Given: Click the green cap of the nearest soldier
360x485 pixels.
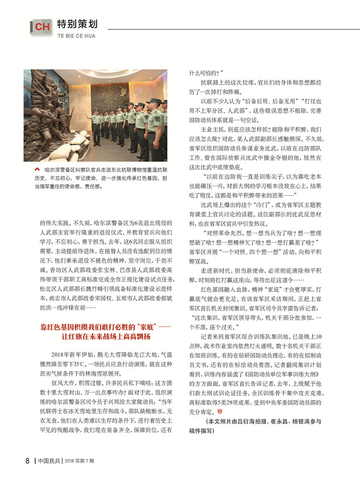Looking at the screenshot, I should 155,101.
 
